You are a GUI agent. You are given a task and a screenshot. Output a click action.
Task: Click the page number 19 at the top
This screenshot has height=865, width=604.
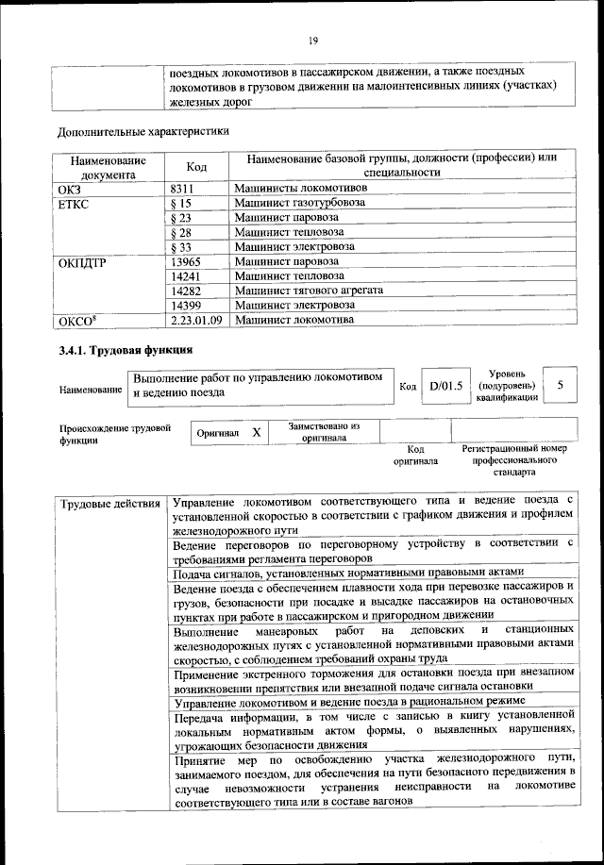tap(313, 40)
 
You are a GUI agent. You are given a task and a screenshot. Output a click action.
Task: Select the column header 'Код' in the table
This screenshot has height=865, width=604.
tap(196, 166)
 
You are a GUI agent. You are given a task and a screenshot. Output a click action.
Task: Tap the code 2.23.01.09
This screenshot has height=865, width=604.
tap(196, 321)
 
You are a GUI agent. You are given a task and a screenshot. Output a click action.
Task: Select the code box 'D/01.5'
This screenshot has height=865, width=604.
tap(445, 385)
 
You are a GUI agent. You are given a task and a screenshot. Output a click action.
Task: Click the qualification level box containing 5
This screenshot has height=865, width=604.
tap(561, 385)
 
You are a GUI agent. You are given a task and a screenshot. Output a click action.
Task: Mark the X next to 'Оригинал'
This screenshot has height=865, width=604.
tap(256, 431)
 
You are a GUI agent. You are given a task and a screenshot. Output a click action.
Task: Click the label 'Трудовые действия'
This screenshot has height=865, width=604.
tap(109, 502)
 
